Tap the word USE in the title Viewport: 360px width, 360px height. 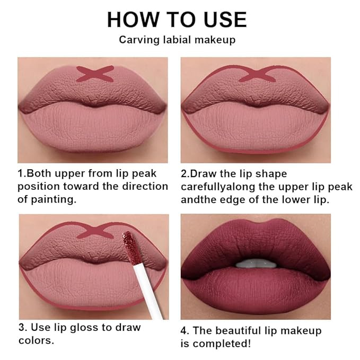223,20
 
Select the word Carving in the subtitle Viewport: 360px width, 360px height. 137,40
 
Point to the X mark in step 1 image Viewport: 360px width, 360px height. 95,73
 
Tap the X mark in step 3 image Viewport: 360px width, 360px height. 96,231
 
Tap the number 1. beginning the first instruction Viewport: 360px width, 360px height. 22,174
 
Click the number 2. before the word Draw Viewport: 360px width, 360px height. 186,174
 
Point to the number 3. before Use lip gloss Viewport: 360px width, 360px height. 22,327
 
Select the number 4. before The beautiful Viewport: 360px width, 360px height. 186,330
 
